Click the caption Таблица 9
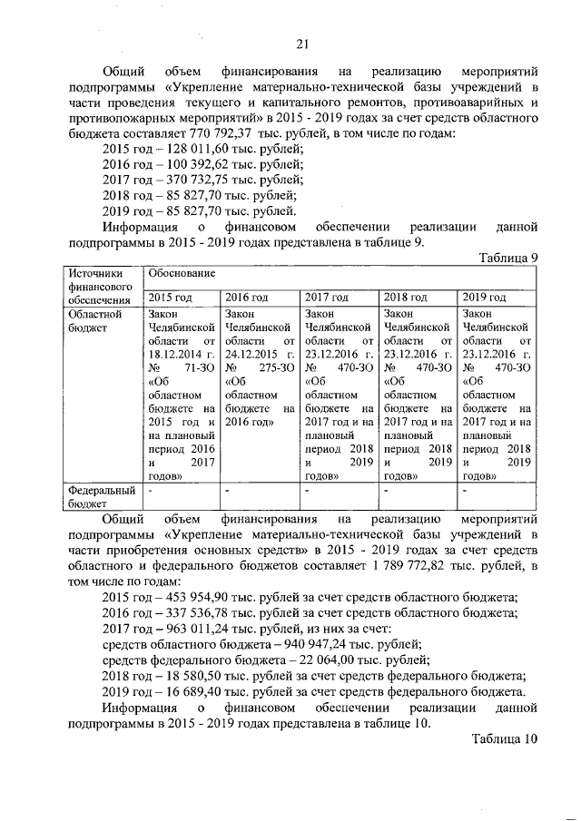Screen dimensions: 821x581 [509, 258]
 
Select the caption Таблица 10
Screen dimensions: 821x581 [506, 738]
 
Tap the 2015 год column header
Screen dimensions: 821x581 [170, 298]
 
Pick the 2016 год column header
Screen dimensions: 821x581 [246, 298]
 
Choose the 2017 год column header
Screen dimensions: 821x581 [327, 298]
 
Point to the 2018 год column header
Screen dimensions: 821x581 [406, 298]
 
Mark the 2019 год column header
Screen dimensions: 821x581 [484, 298]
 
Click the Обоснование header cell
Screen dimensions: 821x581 [176, 273]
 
